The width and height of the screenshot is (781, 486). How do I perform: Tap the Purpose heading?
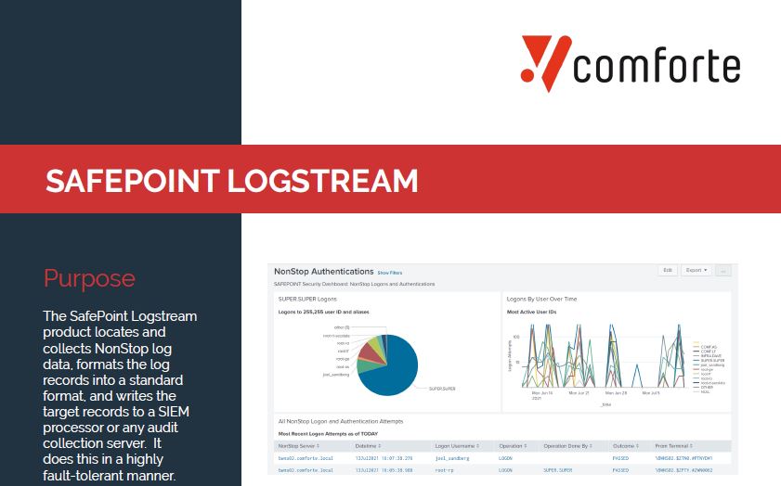tap(89, 278)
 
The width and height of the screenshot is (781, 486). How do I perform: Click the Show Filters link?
tap(390, 273)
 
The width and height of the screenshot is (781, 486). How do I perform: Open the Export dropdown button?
tap(696, 271)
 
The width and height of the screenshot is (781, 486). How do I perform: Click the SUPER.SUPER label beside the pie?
tap(441, 389)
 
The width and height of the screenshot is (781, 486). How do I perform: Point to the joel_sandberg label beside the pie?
tap(337, 374)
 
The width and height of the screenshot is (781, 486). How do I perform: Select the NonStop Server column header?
tap(301, 446)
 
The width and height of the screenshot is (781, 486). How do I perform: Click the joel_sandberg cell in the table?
tap(453, 458)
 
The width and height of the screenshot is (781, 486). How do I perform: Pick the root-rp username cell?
tap(446, 471)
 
